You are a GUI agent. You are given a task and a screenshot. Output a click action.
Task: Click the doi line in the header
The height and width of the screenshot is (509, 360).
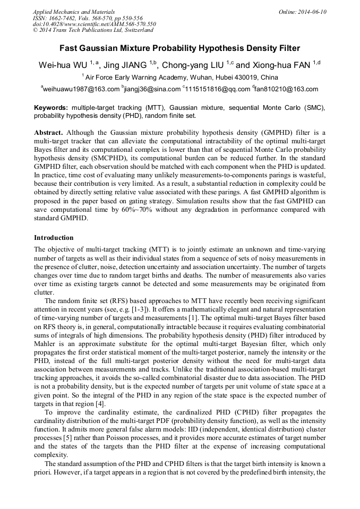tap(95, 24)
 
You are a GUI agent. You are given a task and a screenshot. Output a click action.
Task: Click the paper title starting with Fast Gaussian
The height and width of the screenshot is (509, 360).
tap(179, 48)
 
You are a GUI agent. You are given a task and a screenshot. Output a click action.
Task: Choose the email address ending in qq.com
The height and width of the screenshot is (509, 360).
tap(218, 89)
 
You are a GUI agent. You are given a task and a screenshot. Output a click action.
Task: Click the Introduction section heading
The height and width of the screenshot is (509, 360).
tap(54, 237)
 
